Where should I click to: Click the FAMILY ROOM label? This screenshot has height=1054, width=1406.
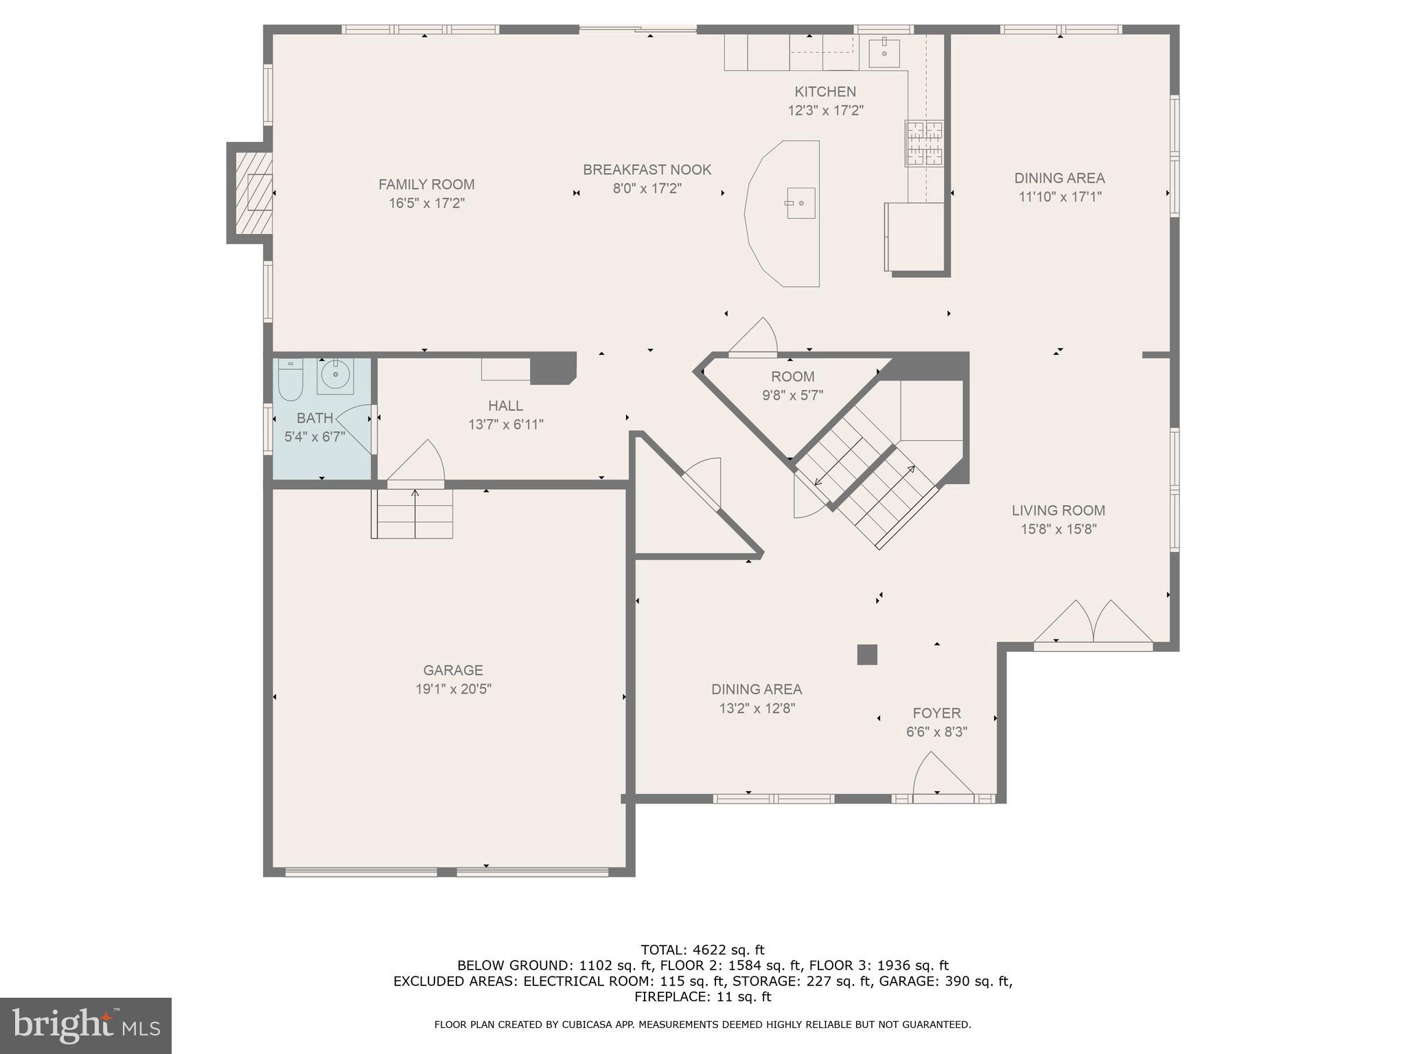426,185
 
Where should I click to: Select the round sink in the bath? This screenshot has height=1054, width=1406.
335,375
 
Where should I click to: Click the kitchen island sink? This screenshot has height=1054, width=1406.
800,203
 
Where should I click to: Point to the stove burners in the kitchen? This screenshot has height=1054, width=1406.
923,143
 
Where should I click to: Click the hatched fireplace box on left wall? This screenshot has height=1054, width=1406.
255,191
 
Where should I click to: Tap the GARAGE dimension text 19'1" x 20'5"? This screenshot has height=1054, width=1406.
453,689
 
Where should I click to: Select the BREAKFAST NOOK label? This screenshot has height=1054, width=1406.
647,169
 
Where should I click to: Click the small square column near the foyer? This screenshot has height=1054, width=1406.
867,655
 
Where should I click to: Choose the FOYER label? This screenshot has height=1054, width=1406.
936,713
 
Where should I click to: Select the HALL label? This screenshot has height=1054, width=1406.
505,406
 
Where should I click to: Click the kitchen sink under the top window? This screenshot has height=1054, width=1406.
884,53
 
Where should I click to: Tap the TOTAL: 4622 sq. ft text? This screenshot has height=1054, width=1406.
702,950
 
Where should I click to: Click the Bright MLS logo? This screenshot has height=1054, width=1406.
86,1025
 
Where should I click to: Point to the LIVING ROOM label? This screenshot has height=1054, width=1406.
1058,511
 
